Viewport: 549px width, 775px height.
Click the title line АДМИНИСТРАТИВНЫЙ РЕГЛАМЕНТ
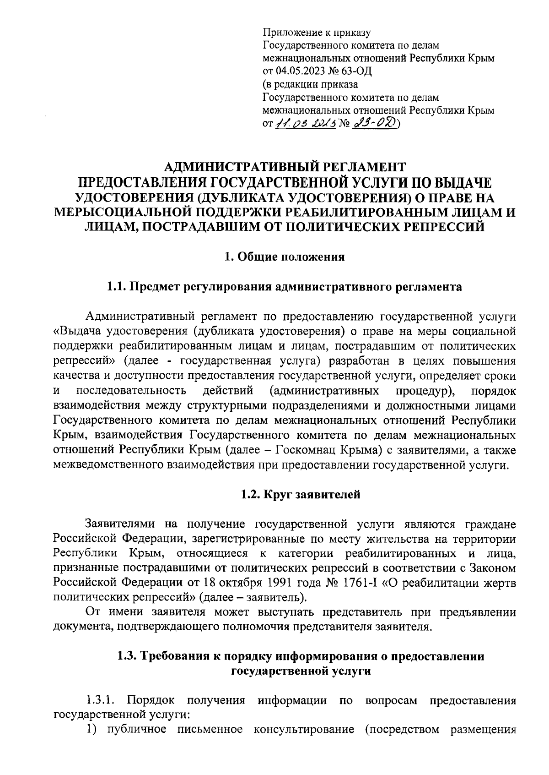click(285, 166)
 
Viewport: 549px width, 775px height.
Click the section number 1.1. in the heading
click(117, 287)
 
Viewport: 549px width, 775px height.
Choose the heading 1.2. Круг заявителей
click(301, 495)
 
